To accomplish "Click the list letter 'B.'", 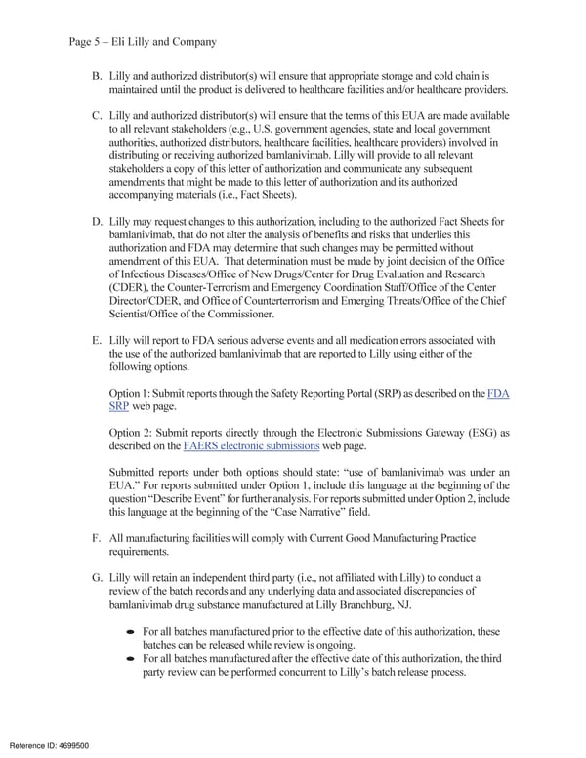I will [x=97, y=75].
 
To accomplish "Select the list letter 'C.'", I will [x=97, y=115].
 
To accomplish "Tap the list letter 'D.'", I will [x=97, y=222].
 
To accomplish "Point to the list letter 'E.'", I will [x=97, y=340].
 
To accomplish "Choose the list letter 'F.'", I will [x=97, y=538].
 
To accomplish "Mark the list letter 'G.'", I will [x=97, y=577].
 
